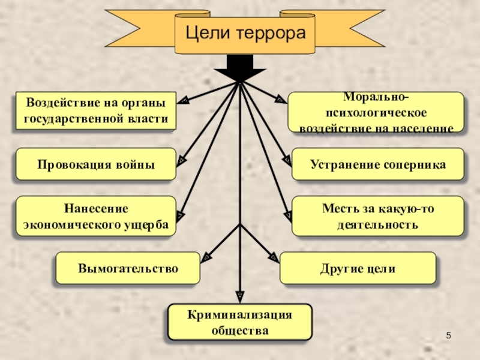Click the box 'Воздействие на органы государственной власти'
pos(96,111)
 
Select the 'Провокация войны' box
pos(96,164)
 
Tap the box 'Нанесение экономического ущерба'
pos(96,216)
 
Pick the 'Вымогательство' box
pos(128,268)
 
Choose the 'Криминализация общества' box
pos(239,322)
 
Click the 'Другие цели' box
pos(358,268)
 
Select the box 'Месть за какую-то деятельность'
pos(378,216)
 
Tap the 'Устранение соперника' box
pos(378,164)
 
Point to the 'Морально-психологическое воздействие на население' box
pos(377,112)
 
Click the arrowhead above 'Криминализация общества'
pos(239,296)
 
